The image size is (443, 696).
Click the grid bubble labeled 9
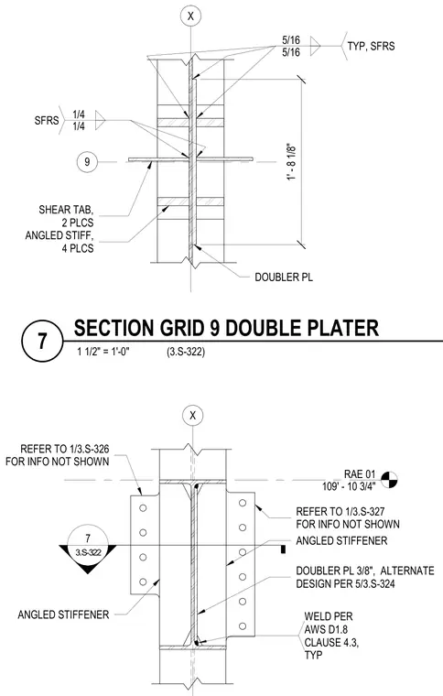[x=87, y=161]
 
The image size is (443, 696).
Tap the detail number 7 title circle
[x=42, y=342]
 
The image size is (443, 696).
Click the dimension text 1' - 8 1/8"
[x=291, y=161]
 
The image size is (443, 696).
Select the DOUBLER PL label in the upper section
[x=284, y=277]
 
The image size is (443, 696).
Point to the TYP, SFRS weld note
[x=372, y=46]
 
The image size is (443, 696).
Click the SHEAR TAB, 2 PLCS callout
[x=67, y=216]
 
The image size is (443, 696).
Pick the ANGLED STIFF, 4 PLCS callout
[x=59, y=242]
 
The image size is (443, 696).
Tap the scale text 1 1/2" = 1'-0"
[x=103, y=352]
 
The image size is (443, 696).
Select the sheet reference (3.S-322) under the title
[x=186, y=352]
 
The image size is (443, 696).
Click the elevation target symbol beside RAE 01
[x=389, y=479]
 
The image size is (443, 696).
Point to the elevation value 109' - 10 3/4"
[x=349, y=485]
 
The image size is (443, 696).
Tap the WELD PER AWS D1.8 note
[x=331, y=636]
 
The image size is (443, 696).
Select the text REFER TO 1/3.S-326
[x=65, y=450]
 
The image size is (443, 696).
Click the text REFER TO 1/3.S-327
[x=340, y=512]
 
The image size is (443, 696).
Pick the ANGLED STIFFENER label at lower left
[x=63, y=614]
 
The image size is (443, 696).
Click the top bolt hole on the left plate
[x=143, y=507]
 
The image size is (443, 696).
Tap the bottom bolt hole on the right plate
[x=243, y=626]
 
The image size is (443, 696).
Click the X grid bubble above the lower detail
[x=193, y=416]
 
